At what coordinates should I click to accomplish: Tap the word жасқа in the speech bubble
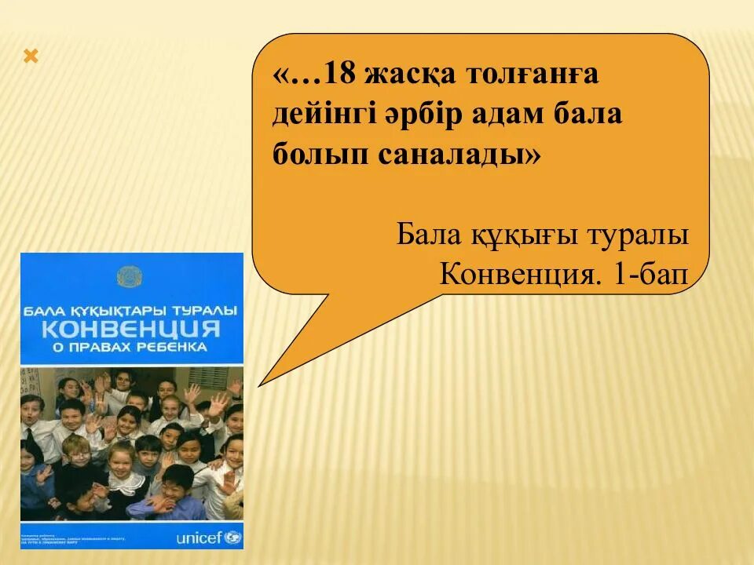click(x=414, y=77)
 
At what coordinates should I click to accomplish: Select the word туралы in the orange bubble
click(x=645, y=234)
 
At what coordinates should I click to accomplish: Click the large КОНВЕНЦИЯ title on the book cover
click(x=131, y=327)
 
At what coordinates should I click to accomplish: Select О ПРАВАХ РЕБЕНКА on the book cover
click(x=131, y=346)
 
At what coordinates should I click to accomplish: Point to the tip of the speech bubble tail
click(x=260, y=384)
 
